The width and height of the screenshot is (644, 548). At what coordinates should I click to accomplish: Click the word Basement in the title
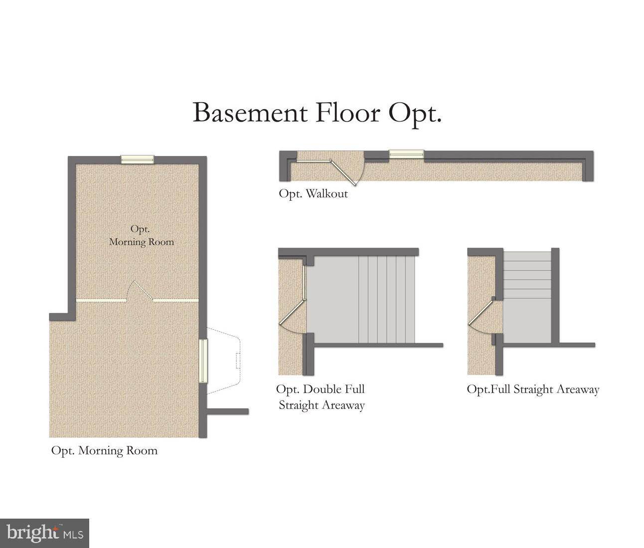tap(250, 113)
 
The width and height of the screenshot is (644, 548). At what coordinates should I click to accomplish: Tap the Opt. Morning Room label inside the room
tap(141, 235)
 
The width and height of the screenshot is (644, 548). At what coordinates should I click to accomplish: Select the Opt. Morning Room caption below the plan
tap(104, 450)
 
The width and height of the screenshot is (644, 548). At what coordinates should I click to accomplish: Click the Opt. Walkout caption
tap(313, 194)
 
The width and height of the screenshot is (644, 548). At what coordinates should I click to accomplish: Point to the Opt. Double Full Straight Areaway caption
tap(321, 397)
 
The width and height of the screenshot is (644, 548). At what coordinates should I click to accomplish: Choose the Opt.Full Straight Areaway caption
tap(532, 389)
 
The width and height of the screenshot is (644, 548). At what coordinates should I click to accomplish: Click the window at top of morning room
tap(137, 159)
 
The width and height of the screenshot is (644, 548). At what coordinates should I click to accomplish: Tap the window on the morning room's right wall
tap(203, 361)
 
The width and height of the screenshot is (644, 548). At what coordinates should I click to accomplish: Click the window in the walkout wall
tap(406, 154)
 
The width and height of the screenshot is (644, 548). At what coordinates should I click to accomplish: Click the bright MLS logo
tap(44, 533)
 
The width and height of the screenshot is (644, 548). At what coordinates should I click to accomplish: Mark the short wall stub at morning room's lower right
tap(227, 411)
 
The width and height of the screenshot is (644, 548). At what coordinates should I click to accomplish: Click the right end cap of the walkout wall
tap(588, 166)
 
